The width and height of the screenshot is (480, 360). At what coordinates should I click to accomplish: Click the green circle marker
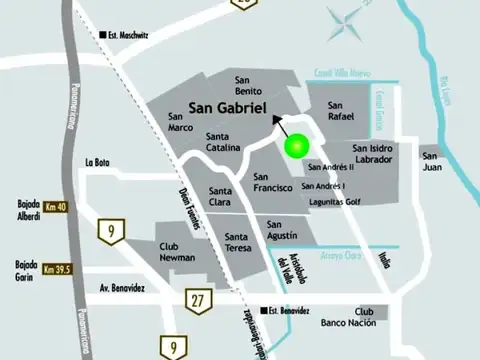295,146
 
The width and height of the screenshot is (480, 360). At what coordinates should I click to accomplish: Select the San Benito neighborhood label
248,86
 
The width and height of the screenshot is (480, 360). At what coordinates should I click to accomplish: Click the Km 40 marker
55,206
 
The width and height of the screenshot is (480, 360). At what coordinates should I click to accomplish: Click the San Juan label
431,161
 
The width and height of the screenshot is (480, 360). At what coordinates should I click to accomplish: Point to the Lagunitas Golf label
334,201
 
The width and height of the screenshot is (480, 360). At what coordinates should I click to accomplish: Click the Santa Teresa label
230,243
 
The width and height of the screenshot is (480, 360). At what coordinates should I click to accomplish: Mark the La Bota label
98,162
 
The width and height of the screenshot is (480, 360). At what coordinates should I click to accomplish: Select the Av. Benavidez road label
122,288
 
